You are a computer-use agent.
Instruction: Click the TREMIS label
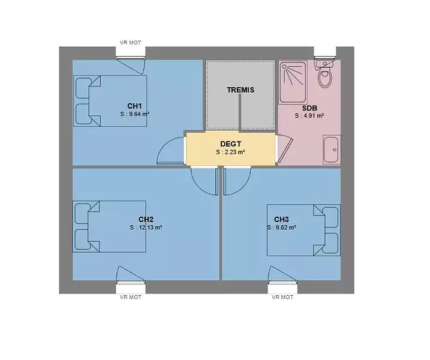pos(240,90)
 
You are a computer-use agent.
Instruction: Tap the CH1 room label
pos(134,106)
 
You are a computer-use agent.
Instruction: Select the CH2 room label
pos(146,219)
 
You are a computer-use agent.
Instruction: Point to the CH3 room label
pos(281,219)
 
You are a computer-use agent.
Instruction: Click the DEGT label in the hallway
pos(231,144)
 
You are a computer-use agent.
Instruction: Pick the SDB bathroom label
pos(309,108)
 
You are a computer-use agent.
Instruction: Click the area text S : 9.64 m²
pos(135,114)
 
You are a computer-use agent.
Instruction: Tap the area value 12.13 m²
pos(151,227)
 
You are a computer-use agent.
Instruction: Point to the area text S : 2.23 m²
pos(230,152)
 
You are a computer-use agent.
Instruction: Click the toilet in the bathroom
pos(324,74)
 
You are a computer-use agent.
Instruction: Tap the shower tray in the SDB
pos(293,82)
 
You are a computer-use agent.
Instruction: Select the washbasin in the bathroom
pos(331,149)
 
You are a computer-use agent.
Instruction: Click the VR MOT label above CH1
pos(130,43)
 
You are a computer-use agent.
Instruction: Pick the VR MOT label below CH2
pos(131,297)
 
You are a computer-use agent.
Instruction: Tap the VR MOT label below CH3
pos(282,297)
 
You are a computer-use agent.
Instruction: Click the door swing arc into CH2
pos(200,187)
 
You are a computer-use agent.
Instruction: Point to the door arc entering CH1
pos(163,145)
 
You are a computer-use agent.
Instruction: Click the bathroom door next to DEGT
pos(285,149)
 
